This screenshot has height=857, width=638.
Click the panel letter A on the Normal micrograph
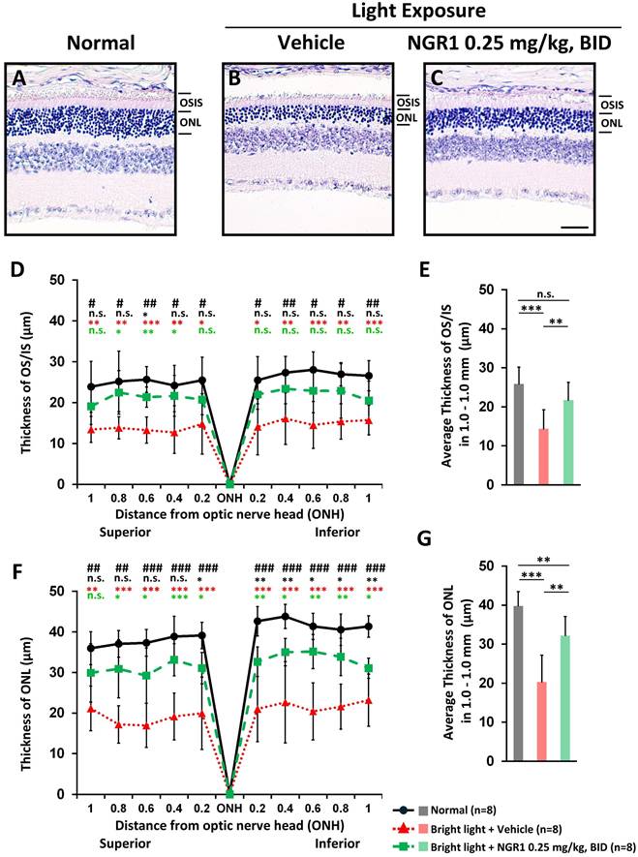(x=18, y=77)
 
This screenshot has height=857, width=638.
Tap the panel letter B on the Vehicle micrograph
(x=233, y=77)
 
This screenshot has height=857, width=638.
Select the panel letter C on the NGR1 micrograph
(x=439, y=77)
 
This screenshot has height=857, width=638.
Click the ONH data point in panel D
(x=229, y=483)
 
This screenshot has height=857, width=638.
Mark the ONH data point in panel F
(x=229, y=793)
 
